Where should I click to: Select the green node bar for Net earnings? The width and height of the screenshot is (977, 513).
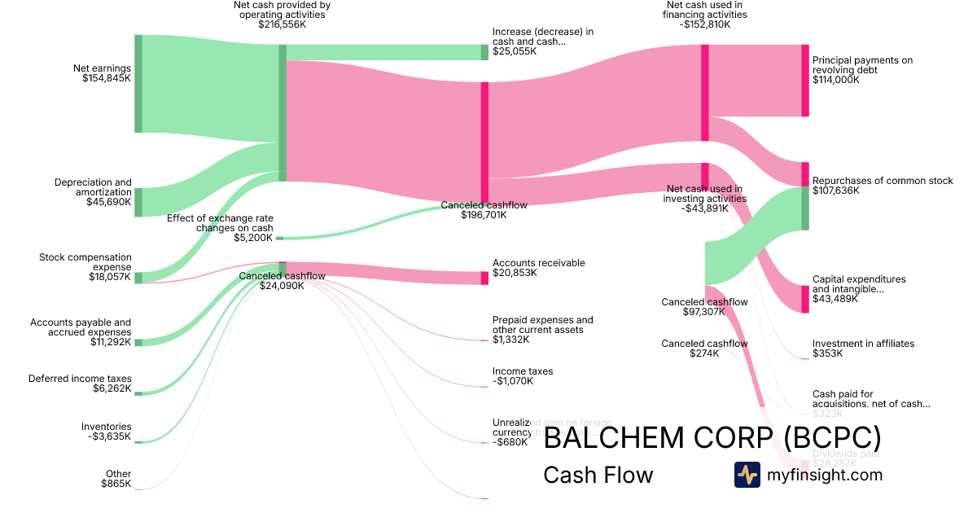(138, 84)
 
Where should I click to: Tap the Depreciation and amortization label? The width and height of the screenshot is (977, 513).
(93, 192)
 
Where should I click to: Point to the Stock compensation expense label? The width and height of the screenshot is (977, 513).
(85, 267)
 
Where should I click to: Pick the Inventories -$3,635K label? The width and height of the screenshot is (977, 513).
(106, 432)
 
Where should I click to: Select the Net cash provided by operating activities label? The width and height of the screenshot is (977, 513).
(282, 14)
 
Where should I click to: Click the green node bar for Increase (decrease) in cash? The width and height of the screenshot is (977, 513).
(484, 52)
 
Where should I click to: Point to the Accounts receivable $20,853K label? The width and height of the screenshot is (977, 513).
(538, 268)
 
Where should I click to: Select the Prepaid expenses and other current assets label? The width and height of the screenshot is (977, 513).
(542, 330)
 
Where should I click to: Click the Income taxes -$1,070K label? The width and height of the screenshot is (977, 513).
(522, 376)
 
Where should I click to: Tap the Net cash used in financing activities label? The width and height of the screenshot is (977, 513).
(705, 14)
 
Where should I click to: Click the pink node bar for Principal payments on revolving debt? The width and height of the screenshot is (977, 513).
(805, 81)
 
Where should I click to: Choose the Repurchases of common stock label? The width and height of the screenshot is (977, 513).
(882, 186)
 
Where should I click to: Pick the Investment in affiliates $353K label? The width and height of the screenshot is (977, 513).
(863, 349)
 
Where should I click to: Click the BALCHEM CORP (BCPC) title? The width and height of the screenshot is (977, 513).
(712, 438)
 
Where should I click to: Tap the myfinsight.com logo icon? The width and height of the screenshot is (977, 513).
(747, 475)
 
